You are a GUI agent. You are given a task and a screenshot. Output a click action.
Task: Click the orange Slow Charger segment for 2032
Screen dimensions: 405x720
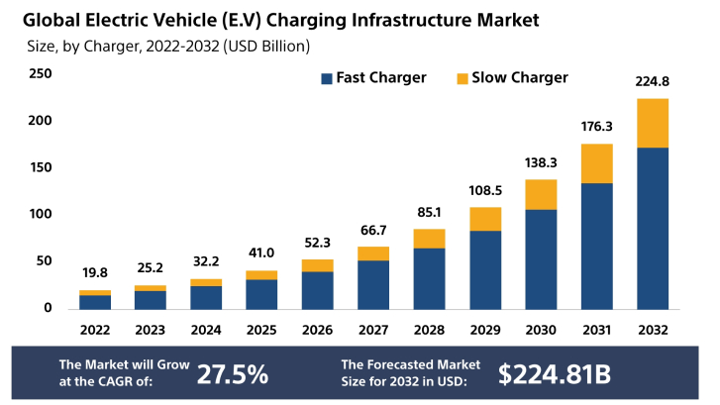[652, 123]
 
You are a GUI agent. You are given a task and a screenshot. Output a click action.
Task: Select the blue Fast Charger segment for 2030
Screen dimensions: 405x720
[540, 258]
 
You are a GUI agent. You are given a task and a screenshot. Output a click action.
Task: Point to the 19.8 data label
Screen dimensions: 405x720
[95, 273]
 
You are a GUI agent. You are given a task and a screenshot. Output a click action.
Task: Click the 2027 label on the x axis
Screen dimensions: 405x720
[373, 330]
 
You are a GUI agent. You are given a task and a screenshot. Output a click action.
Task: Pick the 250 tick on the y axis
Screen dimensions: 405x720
[41, 73]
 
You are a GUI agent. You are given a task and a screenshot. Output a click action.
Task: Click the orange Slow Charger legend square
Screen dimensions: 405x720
[461, 78]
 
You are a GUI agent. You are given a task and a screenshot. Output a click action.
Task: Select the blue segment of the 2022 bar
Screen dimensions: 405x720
[95, 302]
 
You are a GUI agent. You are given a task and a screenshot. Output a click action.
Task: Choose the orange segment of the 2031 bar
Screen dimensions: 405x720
[596, 163]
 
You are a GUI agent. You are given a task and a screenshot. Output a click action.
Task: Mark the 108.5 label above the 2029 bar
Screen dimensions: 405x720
[484, 190]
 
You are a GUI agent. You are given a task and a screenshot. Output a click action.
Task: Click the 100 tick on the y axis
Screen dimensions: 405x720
[41, 214]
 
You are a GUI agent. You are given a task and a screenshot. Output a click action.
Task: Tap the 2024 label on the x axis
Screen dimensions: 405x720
[206, 330]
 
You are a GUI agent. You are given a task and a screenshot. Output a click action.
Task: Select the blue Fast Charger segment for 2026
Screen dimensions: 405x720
[318, 289]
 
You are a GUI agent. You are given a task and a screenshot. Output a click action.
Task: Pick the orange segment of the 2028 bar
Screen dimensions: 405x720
[429, 239]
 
